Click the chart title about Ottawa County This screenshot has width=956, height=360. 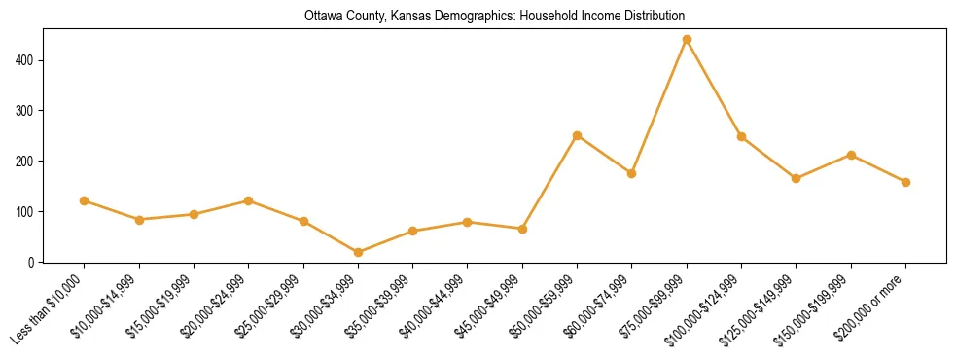tap(494, 17)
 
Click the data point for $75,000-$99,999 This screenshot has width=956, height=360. tap(687, 40)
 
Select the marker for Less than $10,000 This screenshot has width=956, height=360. tap(85, 200)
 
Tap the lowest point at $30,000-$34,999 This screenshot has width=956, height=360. tap(359, 252)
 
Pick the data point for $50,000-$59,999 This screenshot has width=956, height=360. tap(578, 135)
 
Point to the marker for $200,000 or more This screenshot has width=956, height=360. tap(905, 182)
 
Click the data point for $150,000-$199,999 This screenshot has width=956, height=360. tap(851, 155)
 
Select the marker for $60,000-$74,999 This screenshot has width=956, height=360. tap(632, 173)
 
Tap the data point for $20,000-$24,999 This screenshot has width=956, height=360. tap(249, 200)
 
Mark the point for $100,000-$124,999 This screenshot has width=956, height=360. tap(741, 136)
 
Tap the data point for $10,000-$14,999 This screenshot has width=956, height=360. tap(139, 220)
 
